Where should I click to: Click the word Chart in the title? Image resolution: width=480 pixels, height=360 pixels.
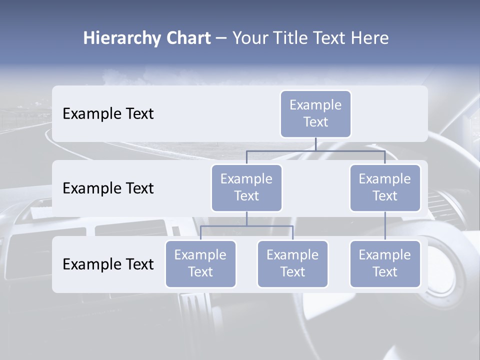click(187, 38)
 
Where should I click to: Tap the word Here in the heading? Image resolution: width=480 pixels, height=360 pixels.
click(368, 38)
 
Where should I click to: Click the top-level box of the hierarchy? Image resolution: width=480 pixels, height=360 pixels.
click(315, 113)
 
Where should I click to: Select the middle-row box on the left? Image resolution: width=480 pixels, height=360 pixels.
click(246, 187)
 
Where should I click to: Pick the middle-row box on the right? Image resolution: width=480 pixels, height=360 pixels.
click(385, 187)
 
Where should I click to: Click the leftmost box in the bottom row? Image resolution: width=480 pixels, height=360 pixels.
click(200, 263)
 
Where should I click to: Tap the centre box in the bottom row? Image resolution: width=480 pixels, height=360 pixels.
click(292, 263)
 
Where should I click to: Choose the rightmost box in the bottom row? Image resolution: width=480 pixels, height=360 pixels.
click(385, 263)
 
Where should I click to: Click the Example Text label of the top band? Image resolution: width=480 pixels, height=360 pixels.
click(108, 114)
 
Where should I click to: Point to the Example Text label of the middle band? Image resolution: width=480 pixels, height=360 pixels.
click(108, 188)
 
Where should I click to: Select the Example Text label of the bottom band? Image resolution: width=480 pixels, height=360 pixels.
click(108, 264)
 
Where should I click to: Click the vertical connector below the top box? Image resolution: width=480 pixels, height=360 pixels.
click(315, 144)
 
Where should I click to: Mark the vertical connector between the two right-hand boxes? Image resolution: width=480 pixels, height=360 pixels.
click(385, 226)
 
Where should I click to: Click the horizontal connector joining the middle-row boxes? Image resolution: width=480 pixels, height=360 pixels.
click(350, 150)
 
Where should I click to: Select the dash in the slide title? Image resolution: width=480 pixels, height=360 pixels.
click(221, 38)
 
